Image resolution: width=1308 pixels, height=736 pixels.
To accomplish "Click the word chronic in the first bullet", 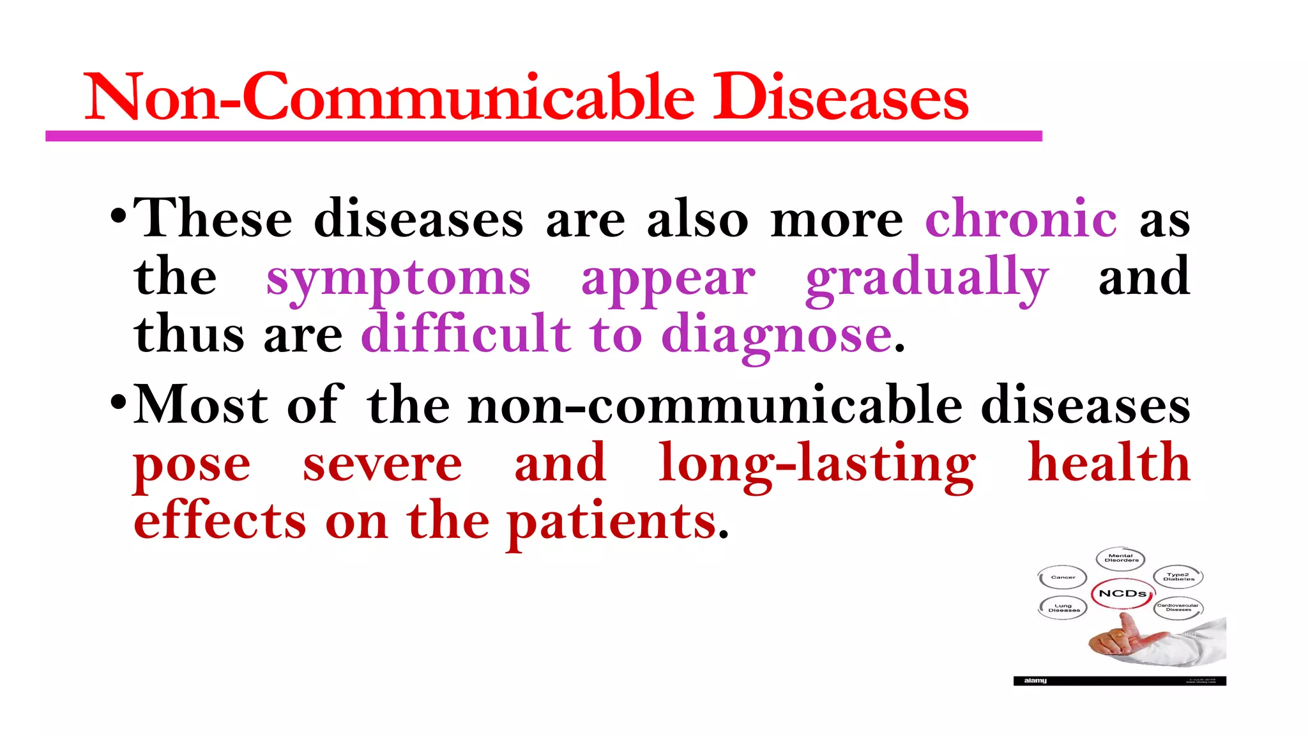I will click(1021, 219).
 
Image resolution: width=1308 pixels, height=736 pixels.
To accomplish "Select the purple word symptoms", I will click(398, 279).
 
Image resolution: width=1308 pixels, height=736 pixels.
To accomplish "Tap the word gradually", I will click(927, 279).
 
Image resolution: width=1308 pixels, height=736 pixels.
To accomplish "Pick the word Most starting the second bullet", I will click(201, 405).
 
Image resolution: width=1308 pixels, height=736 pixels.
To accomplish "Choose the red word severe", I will click(382, 464).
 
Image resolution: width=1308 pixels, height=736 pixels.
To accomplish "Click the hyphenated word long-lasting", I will click(817, 464).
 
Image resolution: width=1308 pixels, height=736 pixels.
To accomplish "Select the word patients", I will click(612, 523).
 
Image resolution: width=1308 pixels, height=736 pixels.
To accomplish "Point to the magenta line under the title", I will click(543, 136).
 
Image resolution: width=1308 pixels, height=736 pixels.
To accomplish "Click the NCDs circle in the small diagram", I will click(1122, 594).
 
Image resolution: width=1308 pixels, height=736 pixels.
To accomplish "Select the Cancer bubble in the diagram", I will click(1063, 578).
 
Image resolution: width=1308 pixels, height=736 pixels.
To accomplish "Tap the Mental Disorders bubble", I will click(1121, 558).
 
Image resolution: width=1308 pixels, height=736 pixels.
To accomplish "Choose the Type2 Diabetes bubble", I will click(1178, 576).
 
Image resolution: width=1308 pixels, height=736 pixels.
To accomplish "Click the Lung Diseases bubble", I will click(1063, 608).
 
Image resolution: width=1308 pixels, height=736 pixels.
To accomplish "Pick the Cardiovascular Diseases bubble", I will click(1178, 607).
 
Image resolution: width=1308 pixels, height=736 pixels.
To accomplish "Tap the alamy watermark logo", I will click(1035, 681).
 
